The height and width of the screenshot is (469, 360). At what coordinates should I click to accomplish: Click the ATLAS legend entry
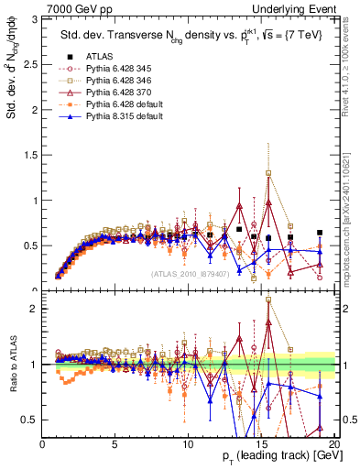[x=101, y=56]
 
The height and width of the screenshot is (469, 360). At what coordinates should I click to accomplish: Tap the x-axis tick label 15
[x=261, y=442]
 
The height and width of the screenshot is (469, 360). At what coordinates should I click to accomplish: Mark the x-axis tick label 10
[x=188, y=442]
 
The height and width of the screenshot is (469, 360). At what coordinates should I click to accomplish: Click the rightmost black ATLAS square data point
[x=319, y=233]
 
